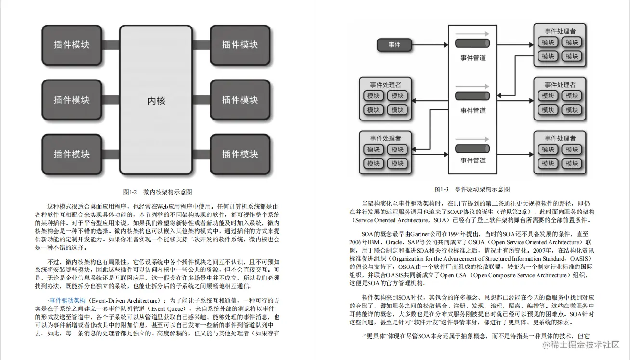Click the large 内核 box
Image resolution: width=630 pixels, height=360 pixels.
(156, 101)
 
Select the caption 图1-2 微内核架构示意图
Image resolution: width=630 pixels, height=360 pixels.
(157, 192)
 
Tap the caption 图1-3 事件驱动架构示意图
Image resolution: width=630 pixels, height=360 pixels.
(472, 189)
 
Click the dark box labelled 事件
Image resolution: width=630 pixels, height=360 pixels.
(394, 45)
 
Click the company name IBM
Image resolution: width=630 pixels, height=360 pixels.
(372, 242)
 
